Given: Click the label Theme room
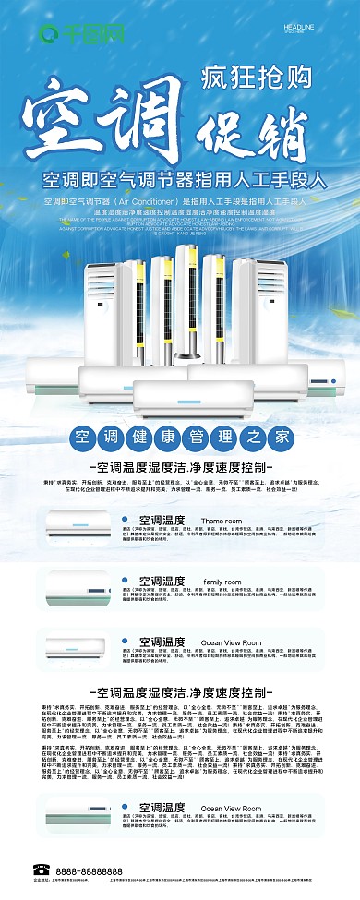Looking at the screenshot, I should pos(222,521).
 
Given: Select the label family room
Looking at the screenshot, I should pos(222,582).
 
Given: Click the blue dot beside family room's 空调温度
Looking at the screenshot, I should pos(124,582).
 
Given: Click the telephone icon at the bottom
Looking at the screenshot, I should pos(40,870).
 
